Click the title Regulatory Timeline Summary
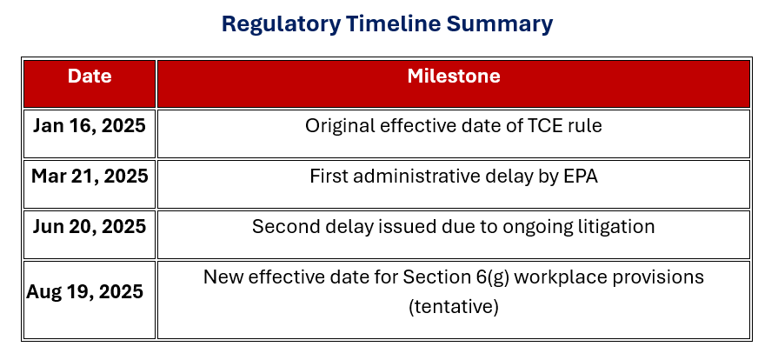387,23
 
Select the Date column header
90,76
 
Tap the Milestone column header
454,76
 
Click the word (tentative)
454,307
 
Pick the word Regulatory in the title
282,24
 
